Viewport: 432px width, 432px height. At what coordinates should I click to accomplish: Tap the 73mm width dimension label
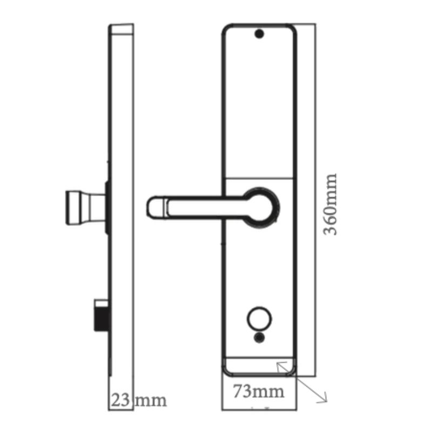coord(259,392)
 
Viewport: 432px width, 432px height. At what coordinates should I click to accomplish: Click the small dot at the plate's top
coord(259,35)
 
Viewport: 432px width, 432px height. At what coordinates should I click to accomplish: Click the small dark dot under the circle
coord(260,338)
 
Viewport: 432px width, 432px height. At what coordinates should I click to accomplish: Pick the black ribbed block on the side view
coord(100,317)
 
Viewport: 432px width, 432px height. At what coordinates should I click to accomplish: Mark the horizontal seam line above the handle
coord(259,178)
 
